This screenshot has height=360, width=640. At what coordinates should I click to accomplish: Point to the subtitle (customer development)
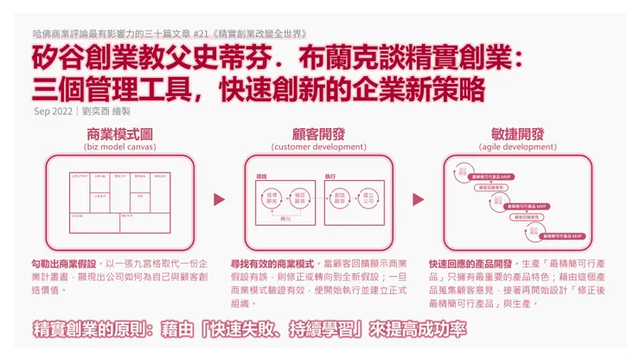point(320,147)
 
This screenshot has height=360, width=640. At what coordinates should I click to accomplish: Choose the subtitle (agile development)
point(517,147)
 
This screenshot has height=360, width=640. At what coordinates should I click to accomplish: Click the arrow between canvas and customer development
point(219,200)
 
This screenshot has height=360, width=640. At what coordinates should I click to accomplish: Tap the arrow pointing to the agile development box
point(419,200)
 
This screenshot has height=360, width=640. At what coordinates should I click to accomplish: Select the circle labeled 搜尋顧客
point(270,197)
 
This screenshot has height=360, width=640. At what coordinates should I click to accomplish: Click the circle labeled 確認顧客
point(300,197)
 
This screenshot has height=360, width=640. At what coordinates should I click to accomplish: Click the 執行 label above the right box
point(330,176)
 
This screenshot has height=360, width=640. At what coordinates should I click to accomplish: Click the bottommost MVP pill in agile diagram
point(562,235)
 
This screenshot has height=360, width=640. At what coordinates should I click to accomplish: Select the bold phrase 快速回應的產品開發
point(468,262)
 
